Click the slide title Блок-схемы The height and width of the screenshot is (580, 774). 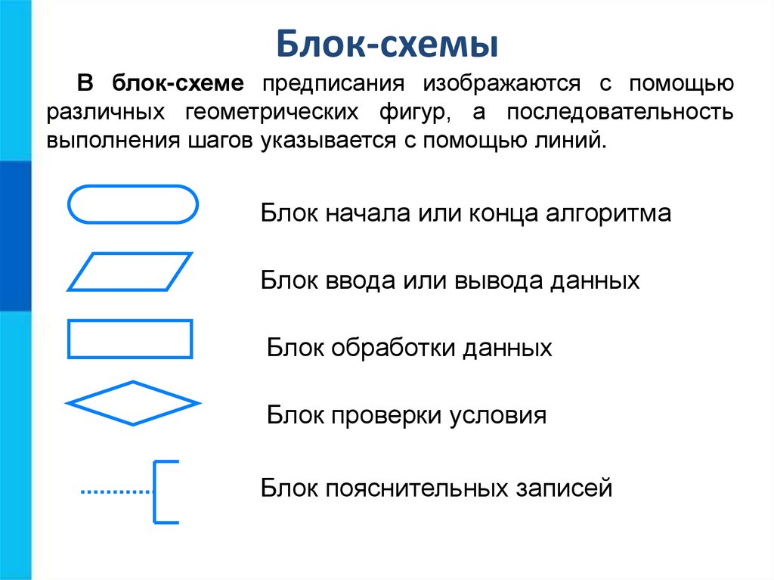pyautogui.click(x=386, y=43)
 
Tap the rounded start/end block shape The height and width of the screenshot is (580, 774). pyautogui.click(x=133, y=204)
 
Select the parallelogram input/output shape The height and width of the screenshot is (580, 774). pyautogui.click(x=130, y=271)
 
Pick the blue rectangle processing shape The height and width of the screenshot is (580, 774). pyautogui.click(x=130, y=338)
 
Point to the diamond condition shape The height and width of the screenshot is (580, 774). pyautogui.click(x=133, y=402)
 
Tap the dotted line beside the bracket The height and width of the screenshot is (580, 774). pyautogui.click(x=116, y=492)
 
